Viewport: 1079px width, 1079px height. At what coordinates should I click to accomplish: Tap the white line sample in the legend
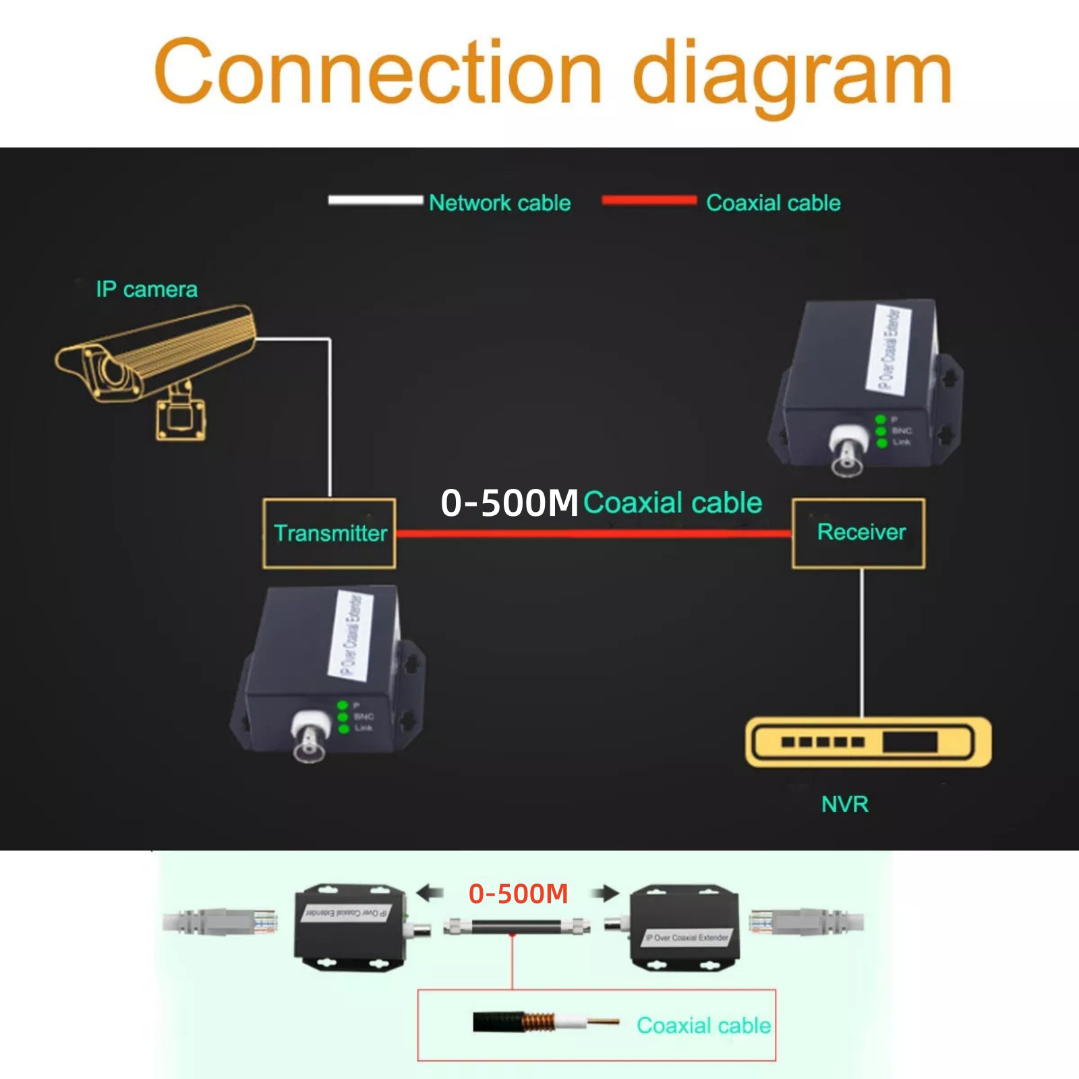pyautogui.click(x=375, y=200)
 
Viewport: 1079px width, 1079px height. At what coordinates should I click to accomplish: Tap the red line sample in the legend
pyautogui.click(x=649, y=200)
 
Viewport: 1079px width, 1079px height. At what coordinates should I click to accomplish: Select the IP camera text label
pyautogui.click(x=146, y=289)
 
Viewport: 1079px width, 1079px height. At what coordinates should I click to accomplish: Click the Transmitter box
pyautogui.click(x=329, y=533)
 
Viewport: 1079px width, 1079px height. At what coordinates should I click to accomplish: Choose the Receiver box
pyautogui.click(x=858, y=533)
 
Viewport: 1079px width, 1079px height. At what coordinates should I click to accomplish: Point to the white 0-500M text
pyautogui.click(x=509, y=503)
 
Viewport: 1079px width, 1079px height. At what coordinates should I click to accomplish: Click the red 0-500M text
pyautogui.click(x=518, y=894)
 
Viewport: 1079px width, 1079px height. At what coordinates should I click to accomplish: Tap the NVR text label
pyautogui.click(x=844, y=804)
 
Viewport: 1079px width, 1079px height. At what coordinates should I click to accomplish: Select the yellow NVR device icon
pyautogui.click(x=868, y=742)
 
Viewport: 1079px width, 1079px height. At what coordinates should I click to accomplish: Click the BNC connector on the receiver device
pyautogui.click(x=846, y=452)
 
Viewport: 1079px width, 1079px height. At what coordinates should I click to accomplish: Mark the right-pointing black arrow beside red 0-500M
pyautogui.click(x=605, y=894)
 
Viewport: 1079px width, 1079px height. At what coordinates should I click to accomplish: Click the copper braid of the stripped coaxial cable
pyautogui.click(x=536, y=1022)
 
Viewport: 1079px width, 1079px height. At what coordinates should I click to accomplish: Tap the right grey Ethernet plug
pyautogui.click(x=806, y=921)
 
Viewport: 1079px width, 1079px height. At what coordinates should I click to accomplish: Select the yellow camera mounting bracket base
pyautogui.click(x=180, y=418)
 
